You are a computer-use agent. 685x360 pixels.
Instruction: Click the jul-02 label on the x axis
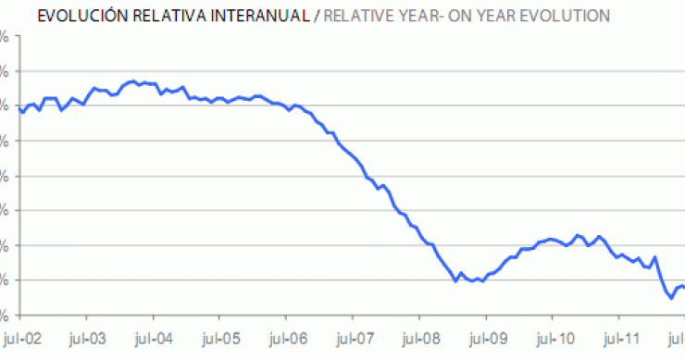pyautogui.click(x=20, y=339)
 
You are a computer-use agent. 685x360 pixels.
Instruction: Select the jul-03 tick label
pyautogui.click(x=87, y=339)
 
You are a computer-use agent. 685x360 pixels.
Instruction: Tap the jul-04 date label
pyautogui.click(x=154, y=339)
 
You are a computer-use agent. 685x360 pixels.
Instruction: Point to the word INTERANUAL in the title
pyautogui.click(x=238, y=16)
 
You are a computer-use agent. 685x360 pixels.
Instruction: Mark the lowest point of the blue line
pyautogui.click(x=670, y=298)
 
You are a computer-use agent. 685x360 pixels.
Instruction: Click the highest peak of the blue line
pyautogui.click(x=134, y=81)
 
